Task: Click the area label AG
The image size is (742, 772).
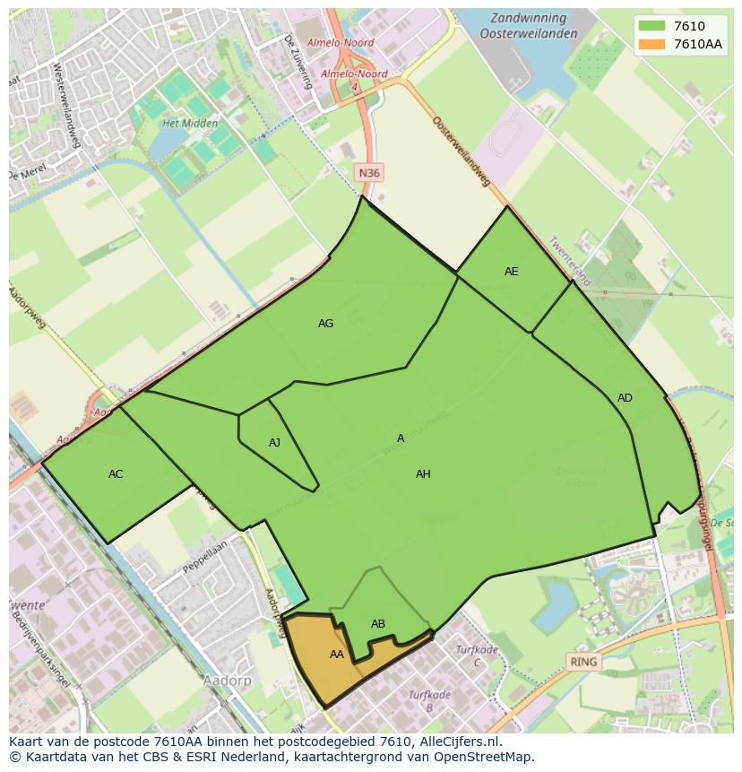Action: pos(325,324)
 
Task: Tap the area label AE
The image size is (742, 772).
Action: pos(511,272)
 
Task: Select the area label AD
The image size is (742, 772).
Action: pos(625,398)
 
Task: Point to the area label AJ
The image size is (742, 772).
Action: pos(274,443)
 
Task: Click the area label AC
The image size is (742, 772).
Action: pos(116,474)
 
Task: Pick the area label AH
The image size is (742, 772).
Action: pos(423,474)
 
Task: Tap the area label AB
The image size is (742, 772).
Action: pos(378,624)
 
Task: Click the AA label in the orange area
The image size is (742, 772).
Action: pos(336,655)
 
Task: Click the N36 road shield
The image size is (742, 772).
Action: pos(367,173)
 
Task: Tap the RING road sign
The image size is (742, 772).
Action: pos(583,663)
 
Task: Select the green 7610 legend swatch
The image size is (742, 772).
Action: pos(651,27)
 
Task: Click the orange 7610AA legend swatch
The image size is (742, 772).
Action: pos(651,44)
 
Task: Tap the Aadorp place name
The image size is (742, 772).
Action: pos(227,681)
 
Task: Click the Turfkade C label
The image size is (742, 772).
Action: pos(476,655)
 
